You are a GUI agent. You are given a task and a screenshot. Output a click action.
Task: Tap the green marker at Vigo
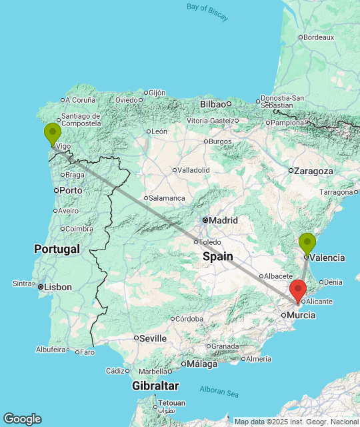[53, 133]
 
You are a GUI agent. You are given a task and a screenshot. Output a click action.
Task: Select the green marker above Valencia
[307, 244]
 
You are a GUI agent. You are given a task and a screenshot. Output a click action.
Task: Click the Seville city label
[153, 338]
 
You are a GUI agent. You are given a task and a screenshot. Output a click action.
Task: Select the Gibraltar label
[155, 386]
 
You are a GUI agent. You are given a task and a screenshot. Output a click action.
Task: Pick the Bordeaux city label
[318, 37]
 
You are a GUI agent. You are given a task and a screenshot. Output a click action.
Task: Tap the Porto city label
[71, 190]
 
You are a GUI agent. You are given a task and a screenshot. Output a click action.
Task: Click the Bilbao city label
[213, 104]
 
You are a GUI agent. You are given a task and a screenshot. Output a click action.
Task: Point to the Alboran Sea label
[219, 392]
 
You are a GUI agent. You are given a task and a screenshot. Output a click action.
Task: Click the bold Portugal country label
[57, 249]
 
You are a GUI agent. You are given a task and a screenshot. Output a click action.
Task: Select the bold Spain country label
[218, 256]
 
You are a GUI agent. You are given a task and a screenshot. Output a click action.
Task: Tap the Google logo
[22, 418]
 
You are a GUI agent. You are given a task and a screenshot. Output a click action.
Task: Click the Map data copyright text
[296, 422]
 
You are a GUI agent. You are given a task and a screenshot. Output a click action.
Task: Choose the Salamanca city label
[167, 198]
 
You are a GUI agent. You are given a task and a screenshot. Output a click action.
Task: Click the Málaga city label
[202, 364]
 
